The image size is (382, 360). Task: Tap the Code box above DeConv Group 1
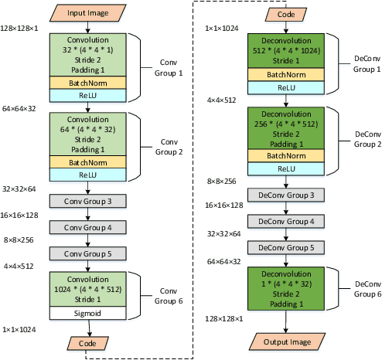[x=286, y=13]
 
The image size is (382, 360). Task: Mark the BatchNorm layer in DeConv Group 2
[x=286, y=155]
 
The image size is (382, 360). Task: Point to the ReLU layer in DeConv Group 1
[x=286, y=88]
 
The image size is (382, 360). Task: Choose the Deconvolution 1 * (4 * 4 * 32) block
[x=286, y=289]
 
